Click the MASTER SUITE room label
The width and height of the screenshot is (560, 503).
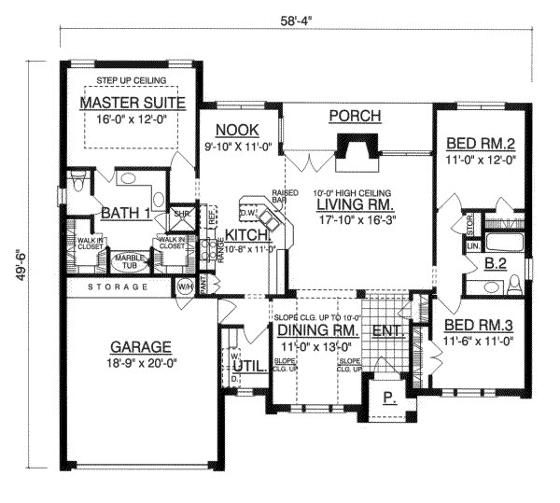pyautogui.click(x=131, y=102)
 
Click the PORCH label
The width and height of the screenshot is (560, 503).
pyautogui.click(x=356, y=116)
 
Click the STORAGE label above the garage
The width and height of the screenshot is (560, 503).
pyautogui.click(x=118, y=286)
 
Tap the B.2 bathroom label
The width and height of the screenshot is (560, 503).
pyautogui.click(x=496, y=266)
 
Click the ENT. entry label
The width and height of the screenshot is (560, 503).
pyautogui.click(x=385, y=329)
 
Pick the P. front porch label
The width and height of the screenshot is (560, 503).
pyautogui.click(x=389, y=396)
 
